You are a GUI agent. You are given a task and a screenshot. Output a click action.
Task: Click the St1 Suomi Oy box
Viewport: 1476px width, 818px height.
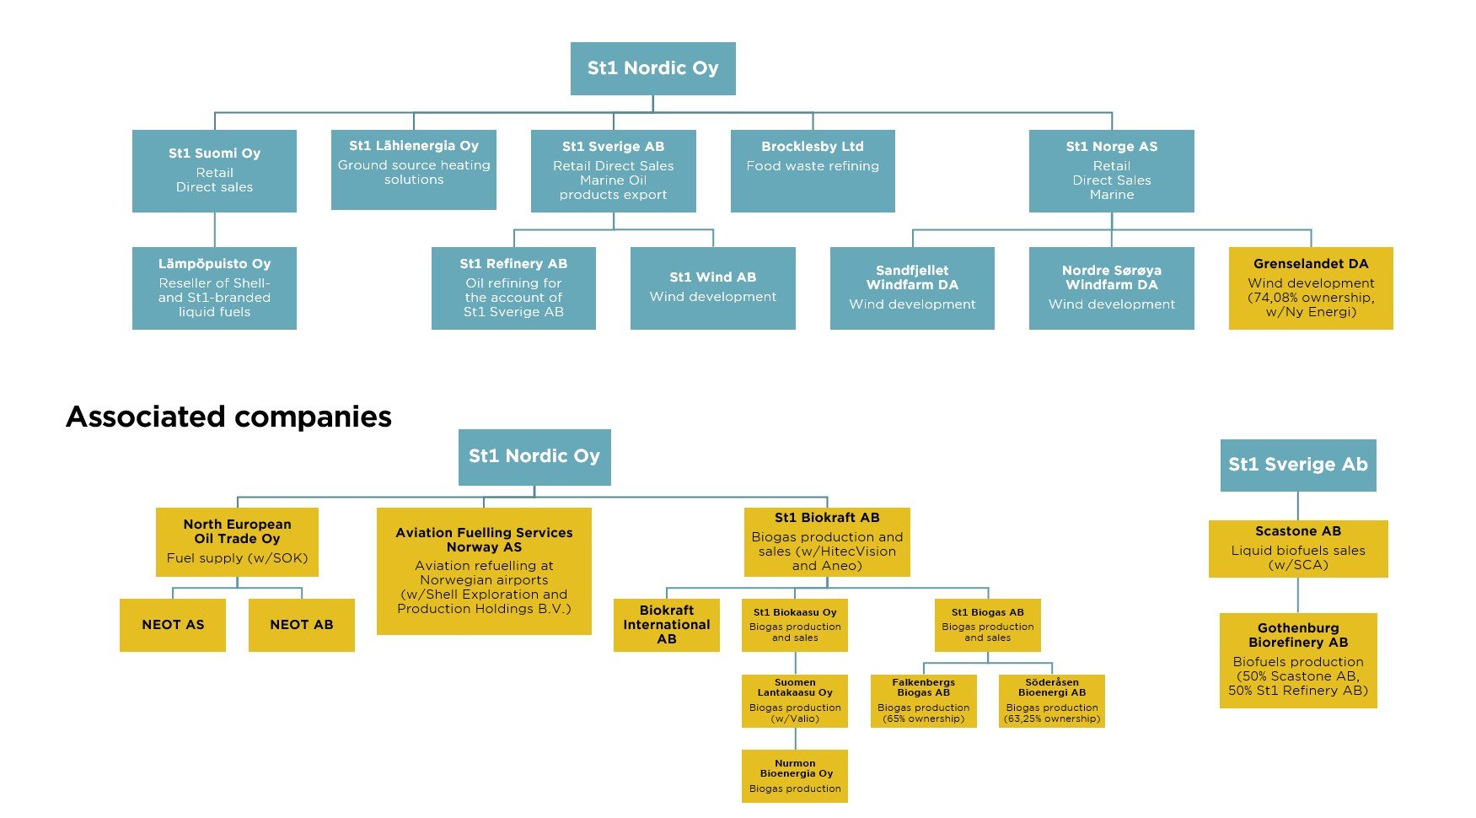214,170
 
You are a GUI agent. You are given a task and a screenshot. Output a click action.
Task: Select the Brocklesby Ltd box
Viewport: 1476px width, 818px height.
813,170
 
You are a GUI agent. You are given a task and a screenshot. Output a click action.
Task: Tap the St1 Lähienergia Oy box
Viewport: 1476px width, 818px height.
414,170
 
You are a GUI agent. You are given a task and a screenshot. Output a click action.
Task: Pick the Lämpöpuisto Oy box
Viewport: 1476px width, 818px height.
214,288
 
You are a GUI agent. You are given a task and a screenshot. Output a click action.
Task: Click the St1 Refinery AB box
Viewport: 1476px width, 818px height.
513,288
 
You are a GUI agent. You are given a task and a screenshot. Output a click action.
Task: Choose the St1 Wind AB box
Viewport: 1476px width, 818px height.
713,288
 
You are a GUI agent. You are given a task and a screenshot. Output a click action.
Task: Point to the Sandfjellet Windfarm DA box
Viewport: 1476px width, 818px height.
912,288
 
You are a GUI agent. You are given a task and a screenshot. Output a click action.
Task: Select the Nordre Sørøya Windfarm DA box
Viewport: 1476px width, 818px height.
1112,288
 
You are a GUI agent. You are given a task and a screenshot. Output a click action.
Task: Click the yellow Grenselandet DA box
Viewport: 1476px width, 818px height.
1311,288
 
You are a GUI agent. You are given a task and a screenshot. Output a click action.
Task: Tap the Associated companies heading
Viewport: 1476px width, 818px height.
228,417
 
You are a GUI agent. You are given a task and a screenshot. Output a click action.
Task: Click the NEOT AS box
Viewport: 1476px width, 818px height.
173,625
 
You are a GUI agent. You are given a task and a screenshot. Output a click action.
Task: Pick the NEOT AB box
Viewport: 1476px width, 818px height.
302,625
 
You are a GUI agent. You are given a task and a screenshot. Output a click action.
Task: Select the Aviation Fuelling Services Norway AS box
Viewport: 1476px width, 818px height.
484,571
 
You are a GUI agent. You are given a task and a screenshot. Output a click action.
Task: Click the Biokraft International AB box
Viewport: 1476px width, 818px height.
667,625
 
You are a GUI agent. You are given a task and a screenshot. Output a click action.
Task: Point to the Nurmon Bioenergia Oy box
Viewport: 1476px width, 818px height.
795,776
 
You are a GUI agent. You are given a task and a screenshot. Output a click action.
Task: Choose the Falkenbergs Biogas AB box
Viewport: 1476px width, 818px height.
924,701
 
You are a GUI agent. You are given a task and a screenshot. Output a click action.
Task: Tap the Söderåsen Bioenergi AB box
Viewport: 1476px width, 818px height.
1052,701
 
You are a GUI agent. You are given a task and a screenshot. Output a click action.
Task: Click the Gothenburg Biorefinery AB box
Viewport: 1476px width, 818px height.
1298,660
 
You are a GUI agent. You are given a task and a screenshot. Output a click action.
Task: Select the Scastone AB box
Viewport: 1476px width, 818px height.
1298,549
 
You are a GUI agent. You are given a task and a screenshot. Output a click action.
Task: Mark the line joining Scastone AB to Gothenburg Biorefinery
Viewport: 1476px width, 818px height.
1298,595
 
